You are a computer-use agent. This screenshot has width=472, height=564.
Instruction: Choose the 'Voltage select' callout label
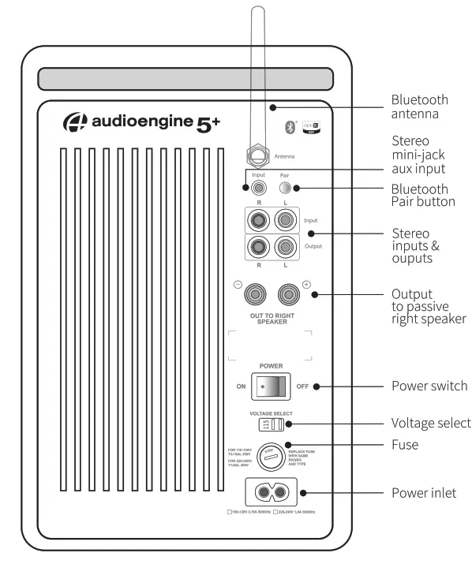point(430,423)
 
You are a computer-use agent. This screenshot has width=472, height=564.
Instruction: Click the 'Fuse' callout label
point(405,445)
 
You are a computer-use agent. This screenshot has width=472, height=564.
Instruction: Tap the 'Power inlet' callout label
point(424,495)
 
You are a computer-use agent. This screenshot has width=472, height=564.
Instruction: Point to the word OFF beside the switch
point(302,387)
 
